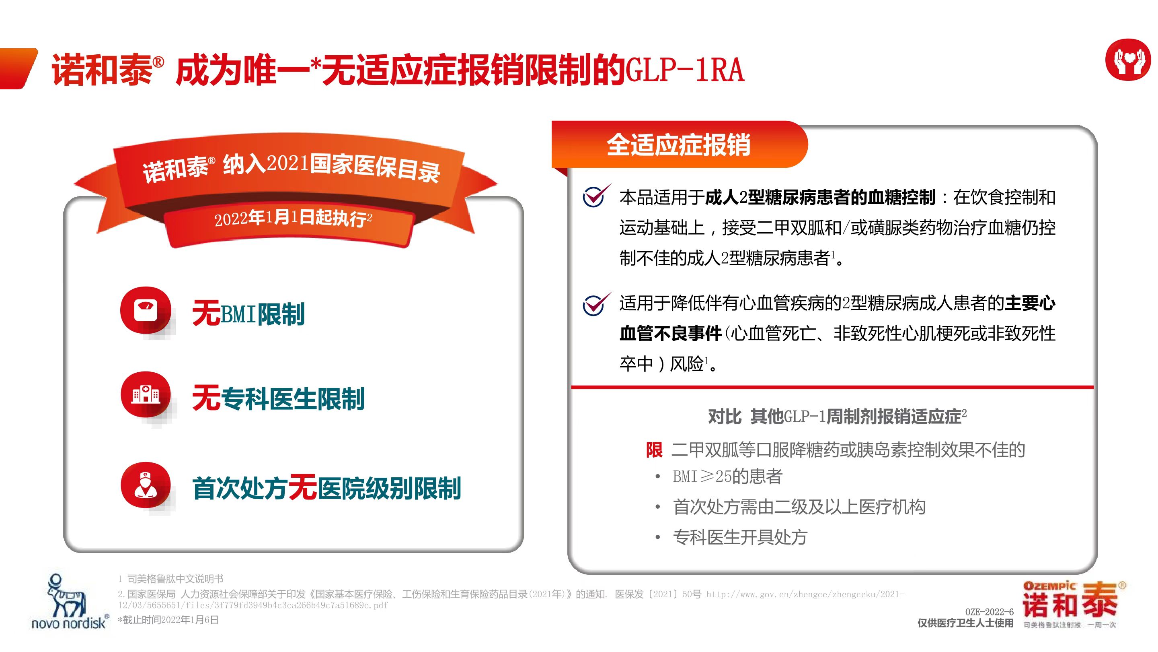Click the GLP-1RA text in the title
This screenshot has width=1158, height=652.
pos(685,71)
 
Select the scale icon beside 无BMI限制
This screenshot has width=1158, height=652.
pos(146,310)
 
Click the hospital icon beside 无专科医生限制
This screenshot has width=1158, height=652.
pos(146,394)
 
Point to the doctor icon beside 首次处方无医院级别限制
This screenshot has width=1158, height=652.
pos(146,485)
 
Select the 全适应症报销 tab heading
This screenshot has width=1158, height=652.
pos(678,145)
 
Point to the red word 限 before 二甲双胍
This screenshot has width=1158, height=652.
pos(654,450)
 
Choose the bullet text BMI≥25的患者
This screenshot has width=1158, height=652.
pos(727,476)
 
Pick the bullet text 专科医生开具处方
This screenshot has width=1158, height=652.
pos(740,537)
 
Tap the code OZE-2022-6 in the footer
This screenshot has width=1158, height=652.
pos(989,612)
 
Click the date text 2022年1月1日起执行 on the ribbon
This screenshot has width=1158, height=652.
pos(293,219)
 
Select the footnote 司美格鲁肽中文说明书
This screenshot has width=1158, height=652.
pos(175,579)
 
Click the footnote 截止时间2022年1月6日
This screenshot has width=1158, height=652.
pos(168,620)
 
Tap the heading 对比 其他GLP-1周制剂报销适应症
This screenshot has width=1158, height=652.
pos(837,416)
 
